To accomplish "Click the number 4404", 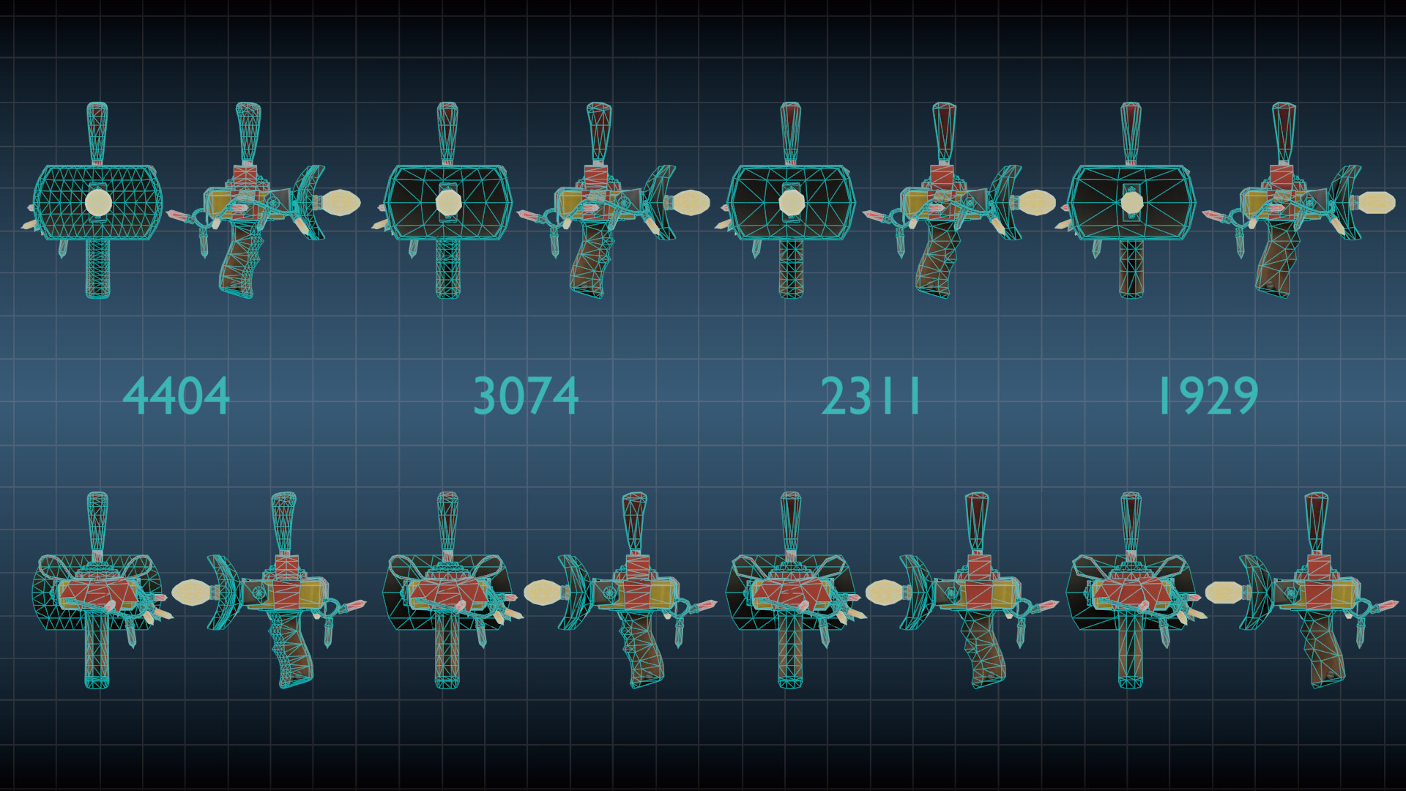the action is pos(176,396).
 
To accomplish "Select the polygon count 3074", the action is pos(526,396).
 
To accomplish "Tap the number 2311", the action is pos(871,396).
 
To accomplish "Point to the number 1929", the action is pos(1208,396).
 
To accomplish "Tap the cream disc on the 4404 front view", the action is pos(98,202).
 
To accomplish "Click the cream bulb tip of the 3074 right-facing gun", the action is pos(691,203).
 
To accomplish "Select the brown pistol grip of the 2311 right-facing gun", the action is pos(935,260).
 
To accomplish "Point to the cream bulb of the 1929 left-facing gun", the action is pos(1224,592).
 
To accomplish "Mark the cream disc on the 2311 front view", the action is pos(791,202).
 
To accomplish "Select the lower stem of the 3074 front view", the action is pos(448,267).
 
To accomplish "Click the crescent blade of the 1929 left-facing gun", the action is pos(1254,592).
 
